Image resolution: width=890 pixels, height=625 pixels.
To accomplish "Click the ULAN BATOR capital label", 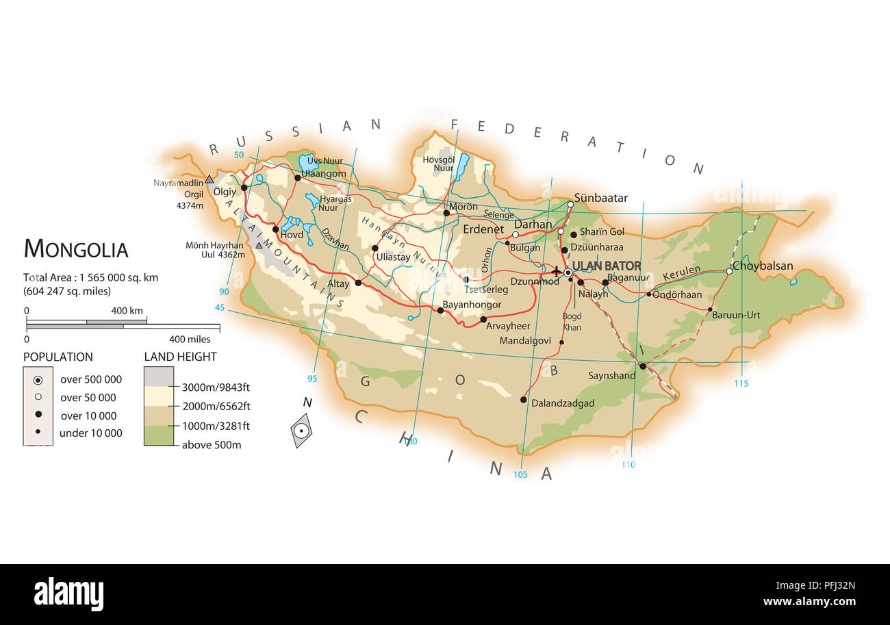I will pos(606,266).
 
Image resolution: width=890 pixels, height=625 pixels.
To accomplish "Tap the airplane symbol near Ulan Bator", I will pos(557,271).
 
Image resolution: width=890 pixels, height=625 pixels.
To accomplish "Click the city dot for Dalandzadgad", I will pos(524,400).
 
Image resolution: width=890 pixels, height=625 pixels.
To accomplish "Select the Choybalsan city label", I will pos(763,266).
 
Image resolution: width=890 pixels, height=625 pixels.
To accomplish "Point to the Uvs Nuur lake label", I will pos(325,161).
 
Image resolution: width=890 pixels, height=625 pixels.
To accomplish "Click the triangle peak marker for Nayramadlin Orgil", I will pos(209,179).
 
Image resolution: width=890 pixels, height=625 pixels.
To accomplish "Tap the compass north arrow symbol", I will pos(301,430).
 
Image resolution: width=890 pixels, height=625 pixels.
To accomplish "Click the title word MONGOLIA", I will pos(76,249).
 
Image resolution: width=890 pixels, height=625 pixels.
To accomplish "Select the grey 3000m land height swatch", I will pos(158,377).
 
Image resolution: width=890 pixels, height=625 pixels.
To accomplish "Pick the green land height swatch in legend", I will pos(158,435).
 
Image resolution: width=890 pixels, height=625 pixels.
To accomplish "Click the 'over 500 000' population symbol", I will pos(38,379).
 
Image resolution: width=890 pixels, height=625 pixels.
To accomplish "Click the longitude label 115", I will pos(741,383).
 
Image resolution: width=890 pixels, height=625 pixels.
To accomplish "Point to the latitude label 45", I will pos(220,308).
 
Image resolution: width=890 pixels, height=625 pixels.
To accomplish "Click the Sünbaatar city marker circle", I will pos(570,204).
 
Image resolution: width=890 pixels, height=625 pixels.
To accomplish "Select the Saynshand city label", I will pos(611,375).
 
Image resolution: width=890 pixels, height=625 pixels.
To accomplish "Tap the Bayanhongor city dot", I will pos(441,310).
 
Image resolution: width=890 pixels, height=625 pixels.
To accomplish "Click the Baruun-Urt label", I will pos(736,316).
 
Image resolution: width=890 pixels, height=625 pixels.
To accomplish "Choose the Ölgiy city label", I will pos(225,192).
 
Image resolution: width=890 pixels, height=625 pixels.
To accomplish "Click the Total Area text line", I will pos(91,277).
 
